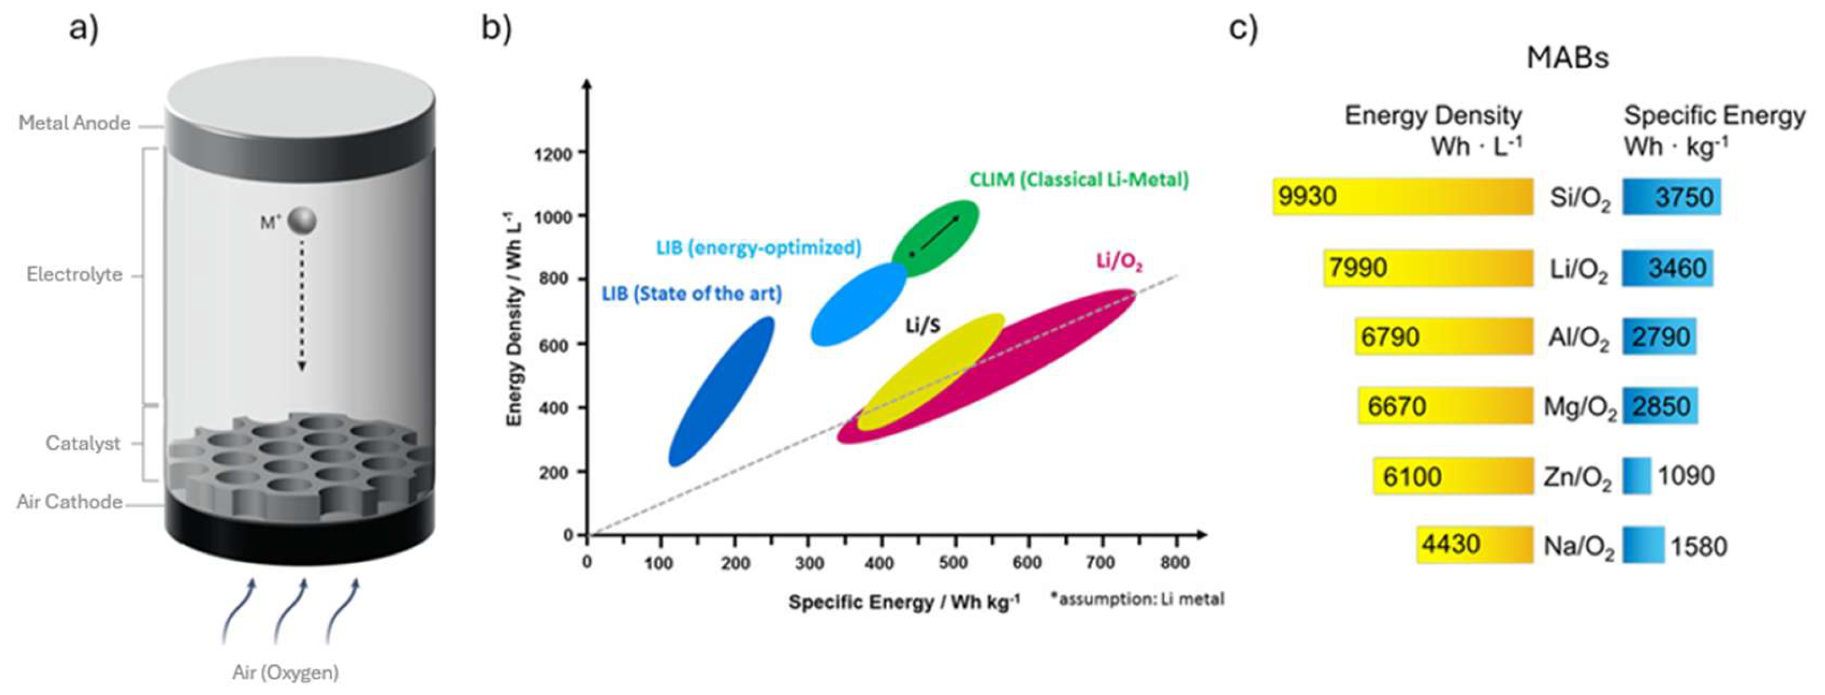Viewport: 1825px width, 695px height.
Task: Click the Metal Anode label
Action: click(74, 123)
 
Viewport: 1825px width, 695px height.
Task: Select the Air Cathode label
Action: click(70, 503)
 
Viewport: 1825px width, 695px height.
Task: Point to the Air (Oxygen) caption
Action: click(285, 672)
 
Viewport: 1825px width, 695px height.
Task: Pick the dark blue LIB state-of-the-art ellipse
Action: click(721, 391)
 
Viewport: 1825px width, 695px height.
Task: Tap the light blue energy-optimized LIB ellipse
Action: click(859, 304)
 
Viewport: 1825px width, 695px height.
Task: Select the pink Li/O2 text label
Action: click(1119, 262)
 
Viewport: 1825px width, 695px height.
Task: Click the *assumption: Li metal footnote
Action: click(1138, 600)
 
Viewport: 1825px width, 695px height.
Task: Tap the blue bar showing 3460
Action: click(1667, 268)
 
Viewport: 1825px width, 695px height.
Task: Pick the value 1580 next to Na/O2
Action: click(1699, 546)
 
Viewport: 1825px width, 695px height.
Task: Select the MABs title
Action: click(1567, 57)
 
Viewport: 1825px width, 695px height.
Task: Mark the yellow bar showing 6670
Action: click(1446, 406)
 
